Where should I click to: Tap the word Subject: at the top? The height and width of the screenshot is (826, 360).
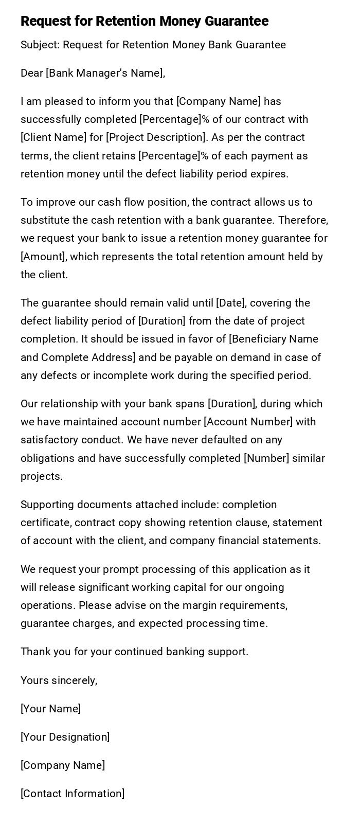40,45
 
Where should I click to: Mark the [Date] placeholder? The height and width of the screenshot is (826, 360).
230,303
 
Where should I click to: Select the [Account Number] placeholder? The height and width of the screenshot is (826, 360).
248,422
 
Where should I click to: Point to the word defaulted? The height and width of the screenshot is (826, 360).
180,440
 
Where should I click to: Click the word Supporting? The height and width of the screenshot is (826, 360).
45,505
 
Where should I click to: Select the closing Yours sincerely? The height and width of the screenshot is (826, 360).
59,680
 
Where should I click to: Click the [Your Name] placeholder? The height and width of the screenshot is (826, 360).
50,709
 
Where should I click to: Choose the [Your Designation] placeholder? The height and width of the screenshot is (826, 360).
65,737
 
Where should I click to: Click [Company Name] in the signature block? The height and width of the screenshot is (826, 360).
63,765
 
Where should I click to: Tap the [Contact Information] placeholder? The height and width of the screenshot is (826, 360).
73,794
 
